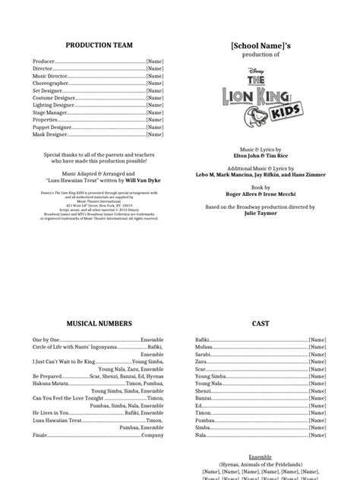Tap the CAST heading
pyautogui.click(x=260, y=324)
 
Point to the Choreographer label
pyautogui.click(x=50, y=84)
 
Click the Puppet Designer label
pyautogui.click(x=51, y=128)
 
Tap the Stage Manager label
pyautogui.click(x=49, y=112)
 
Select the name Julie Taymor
pyautogui.click(x=261, y=214)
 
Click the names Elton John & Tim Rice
pyautogui.click(x=261, y=156)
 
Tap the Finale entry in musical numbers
pyautogui.click(x=39, y=436)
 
